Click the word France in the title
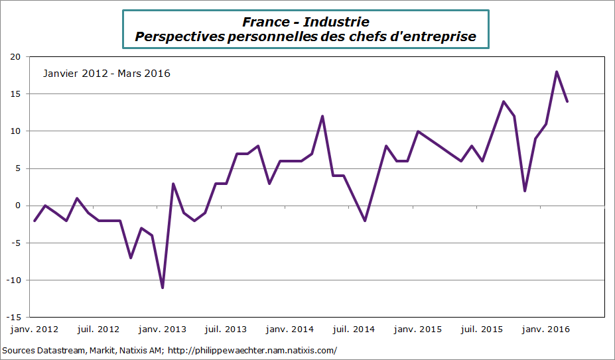coord(265,23)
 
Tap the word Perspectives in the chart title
coord(179,37)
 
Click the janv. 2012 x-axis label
coord(34,330)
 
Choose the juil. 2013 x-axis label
coord(226,330)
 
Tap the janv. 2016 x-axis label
coord(547,330)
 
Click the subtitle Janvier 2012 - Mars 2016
coord(106,74)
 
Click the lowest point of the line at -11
coord(163,288)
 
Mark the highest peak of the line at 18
coord(557,72)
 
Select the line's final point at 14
coord(567,101)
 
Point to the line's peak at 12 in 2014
coord(322,117)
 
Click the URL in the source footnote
coord(253,350)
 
